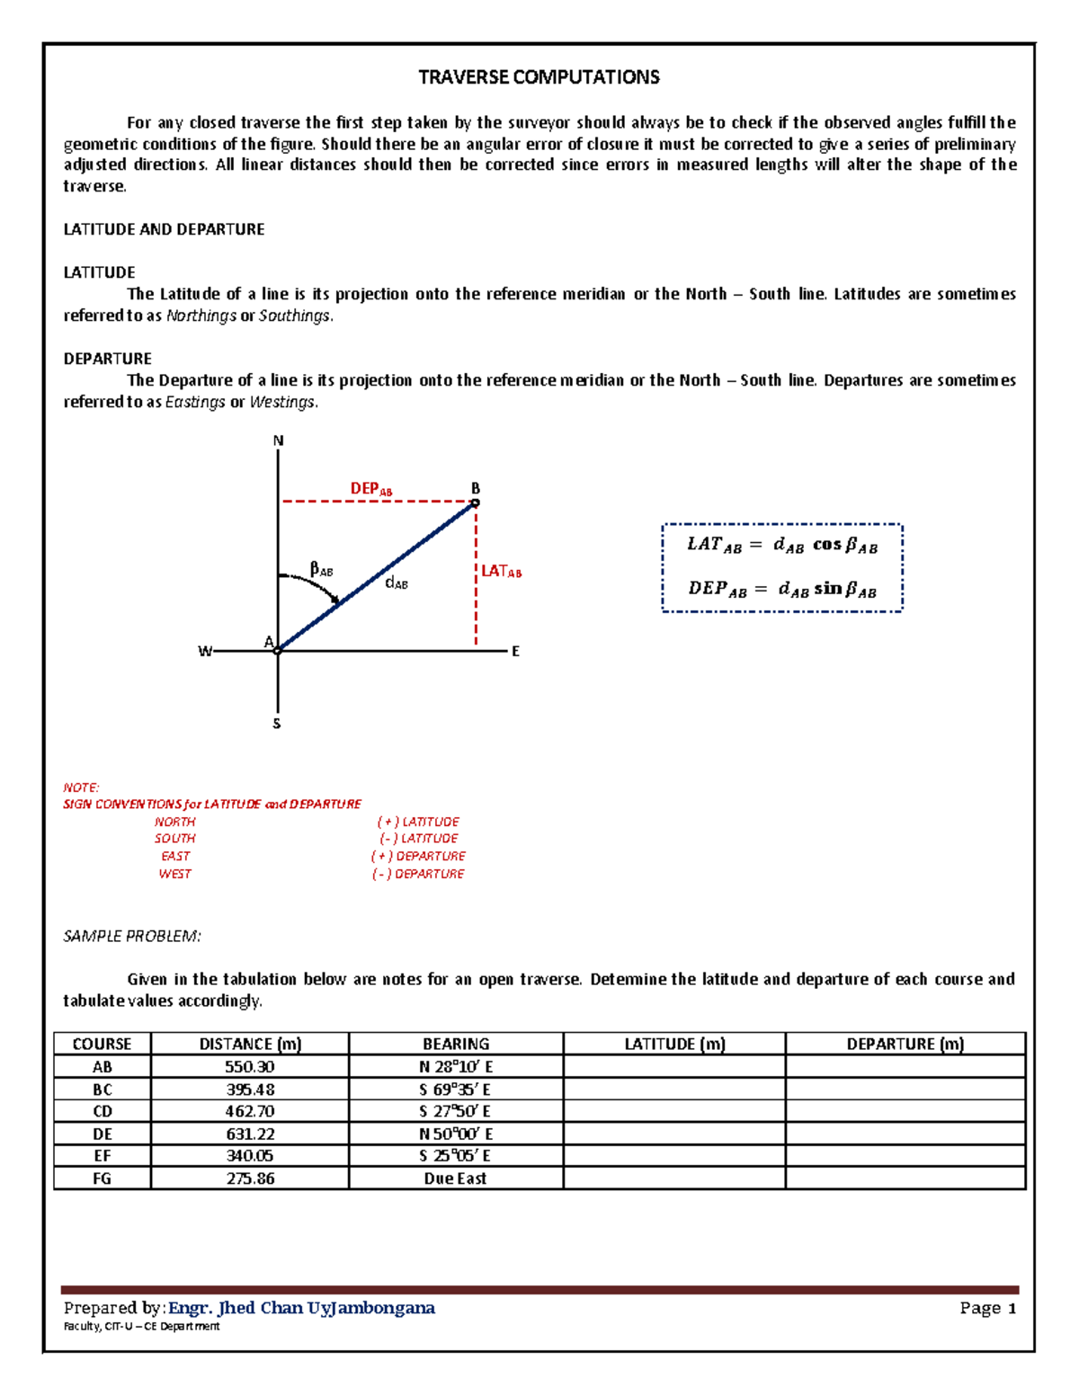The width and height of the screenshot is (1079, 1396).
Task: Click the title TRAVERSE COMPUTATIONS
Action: click(539, 77)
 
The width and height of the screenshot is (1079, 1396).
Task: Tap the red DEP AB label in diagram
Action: click(370, 489)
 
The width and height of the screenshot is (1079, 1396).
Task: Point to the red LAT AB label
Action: click(501, 572)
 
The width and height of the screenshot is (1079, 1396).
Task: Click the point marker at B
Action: click(476, 503)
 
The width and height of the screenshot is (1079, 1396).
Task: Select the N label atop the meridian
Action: click(278, 440)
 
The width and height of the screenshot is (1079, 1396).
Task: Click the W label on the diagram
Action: click(205, 652)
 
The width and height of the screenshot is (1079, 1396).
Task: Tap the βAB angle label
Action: click(321, 569)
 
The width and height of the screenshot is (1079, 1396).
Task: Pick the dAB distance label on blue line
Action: click(396, 583)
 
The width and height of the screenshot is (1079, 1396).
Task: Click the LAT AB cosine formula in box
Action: click(781, 545)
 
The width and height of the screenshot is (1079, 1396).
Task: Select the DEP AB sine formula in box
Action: click(781, 589)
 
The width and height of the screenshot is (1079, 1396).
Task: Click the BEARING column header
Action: click(456, 1044)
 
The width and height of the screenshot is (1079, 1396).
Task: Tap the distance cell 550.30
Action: click(250, 1067)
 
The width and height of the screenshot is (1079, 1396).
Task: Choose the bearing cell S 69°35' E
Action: click(455, 1089)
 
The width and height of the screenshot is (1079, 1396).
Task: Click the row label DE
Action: click(103, 1134)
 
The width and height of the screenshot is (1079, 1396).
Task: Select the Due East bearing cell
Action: click(455, 1178)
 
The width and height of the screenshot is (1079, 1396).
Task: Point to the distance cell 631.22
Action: click(250, 1134)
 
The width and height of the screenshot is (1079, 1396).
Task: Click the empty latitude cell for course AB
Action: click(674, 1067)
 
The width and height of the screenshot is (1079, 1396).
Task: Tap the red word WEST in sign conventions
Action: click(174, 874)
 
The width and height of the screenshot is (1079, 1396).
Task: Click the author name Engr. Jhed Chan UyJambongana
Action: click(302, 1308)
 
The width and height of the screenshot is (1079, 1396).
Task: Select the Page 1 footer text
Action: click(987, 1308)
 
